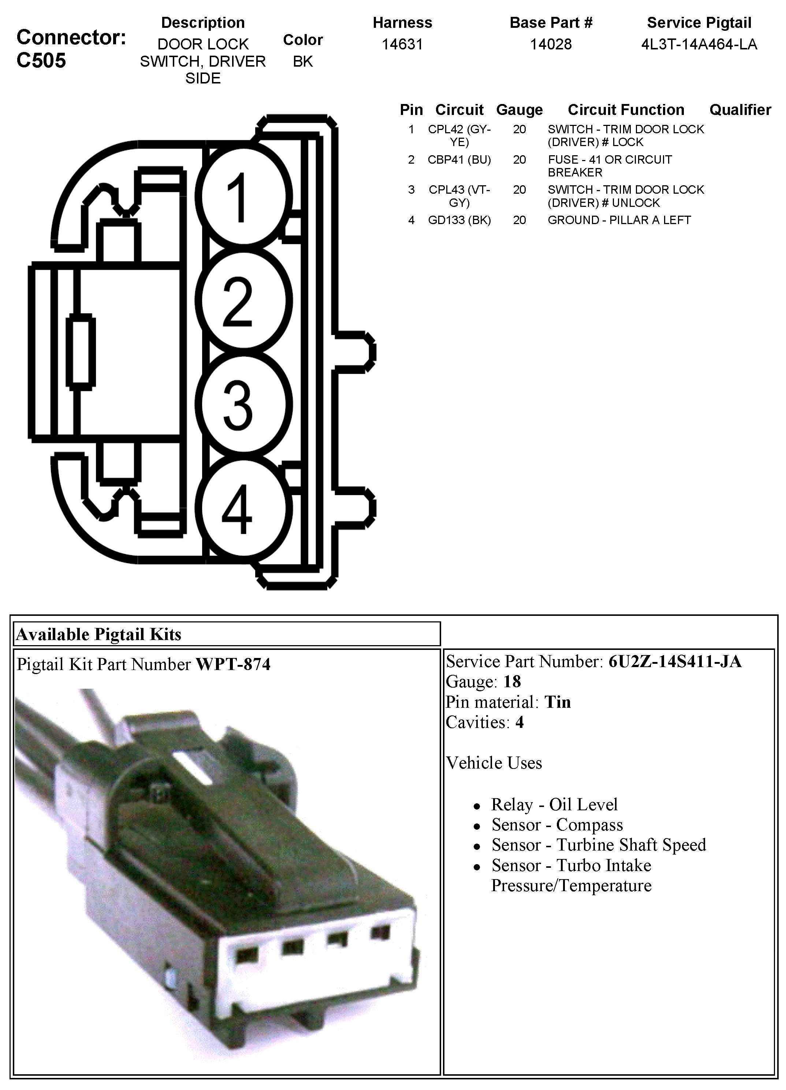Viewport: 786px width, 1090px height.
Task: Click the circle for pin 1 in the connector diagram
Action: [246, 197]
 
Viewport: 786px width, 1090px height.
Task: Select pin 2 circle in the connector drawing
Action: [246, 300]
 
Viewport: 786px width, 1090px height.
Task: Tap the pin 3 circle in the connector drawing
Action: [246, 404]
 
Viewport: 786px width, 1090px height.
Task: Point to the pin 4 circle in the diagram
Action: [246, 509]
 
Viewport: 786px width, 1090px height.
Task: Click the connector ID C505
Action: [41, 60]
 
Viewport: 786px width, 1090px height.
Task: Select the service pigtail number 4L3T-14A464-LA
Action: [699, 44]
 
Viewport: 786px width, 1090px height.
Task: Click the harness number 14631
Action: [402, 44]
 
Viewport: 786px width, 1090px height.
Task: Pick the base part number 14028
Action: [551, 44]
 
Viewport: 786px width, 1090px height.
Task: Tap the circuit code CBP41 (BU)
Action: [459, 160]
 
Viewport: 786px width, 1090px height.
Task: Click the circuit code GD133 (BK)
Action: [459, 220]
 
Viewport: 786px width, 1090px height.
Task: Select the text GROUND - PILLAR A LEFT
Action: [619, 220]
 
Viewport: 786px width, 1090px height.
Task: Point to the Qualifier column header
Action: [740, 109]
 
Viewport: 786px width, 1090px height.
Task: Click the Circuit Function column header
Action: [626, 109]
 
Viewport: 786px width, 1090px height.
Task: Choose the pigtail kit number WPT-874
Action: [233, 664]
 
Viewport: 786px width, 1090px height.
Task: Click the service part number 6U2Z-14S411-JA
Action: [675, 661]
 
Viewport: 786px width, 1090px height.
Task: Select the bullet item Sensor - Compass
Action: [557, 825]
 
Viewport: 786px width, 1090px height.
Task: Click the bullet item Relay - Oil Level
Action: [554, 804]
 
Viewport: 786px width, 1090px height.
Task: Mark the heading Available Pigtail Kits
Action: [99, 635]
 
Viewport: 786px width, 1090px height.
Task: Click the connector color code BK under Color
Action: [303, 62]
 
